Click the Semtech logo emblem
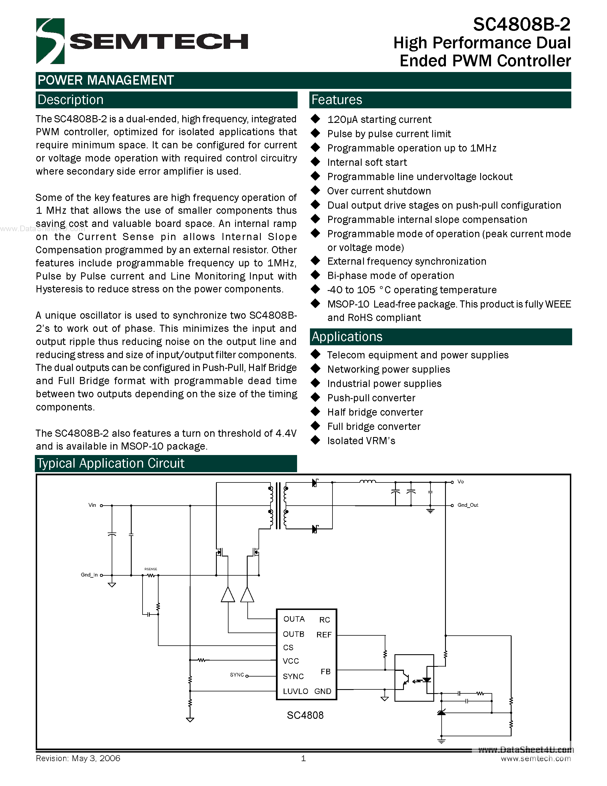point(50,41)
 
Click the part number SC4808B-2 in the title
point(521,25)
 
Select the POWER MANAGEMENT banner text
point(106,80)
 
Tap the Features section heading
point(336,100)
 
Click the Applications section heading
point(347,336)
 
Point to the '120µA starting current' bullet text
point(379,119)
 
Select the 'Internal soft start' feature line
point(367,162)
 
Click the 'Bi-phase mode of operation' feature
point(390,276)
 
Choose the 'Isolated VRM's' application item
point(361,441)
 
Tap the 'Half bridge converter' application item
point(375,412)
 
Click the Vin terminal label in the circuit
point(92,505)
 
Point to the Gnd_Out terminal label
point(468,505)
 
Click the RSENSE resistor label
point(151,569)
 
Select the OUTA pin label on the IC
point(294,619)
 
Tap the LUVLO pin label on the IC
point(295,691)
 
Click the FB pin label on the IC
point(325,672)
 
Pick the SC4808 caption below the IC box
point(305,715)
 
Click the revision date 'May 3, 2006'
point(96,758)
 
